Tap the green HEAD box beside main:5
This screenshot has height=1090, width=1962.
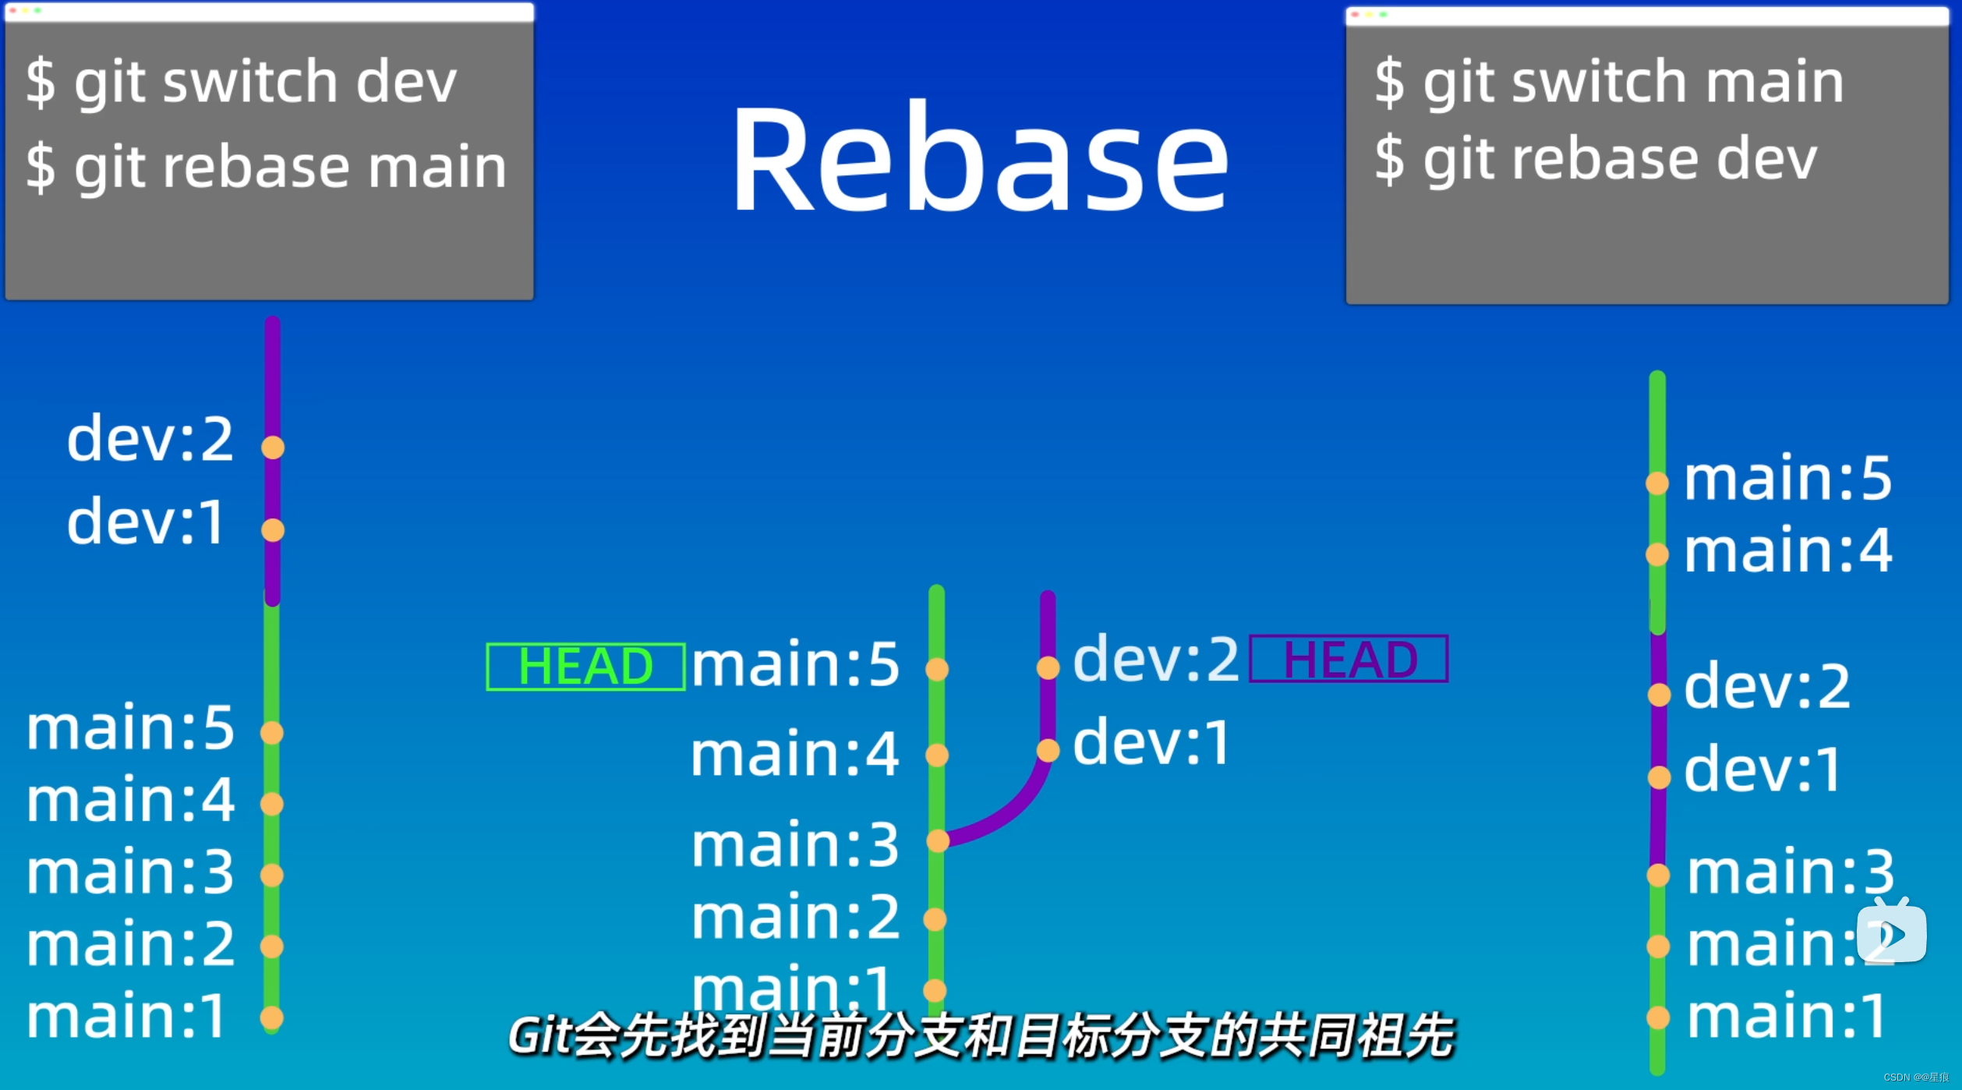point(585,667)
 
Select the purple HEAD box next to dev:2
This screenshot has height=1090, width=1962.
point(1349,659)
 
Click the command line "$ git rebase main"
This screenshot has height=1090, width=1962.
point(266,167)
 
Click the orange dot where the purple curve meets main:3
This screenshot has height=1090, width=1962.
point(938,840)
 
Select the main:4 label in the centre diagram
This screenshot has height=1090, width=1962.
point(795,754)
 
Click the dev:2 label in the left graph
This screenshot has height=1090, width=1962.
point(150,439)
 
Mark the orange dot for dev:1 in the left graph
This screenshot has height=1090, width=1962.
point(273,530)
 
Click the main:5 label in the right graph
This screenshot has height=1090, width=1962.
point(1787,478)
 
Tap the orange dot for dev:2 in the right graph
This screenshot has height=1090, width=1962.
point(1659,694)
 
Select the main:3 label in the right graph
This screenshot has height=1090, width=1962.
point(1790,872)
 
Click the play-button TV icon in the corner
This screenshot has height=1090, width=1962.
point(1892,933)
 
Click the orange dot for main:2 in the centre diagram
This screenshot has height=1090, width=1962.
point(935,919)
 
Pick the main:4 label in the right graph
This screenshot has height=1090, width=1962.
point(1787,550)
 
